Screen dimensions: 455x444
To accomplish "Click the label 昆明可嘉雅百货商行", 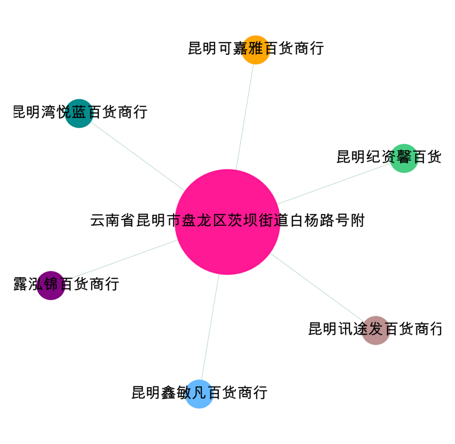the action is point(256,48).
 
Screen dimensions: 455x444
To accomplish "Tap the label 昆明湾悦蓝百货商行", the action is point(80,112).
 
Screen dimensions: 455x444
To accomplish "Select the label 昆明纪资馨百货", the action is point(388,157).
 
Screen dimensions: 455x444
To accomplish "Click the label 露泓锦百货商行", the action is point(66,284).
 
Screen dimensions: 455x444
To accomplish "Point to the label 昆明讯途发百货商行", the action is point(375,329).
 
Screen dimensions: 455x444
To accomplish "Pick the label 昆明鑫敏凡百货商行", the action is point(199,392).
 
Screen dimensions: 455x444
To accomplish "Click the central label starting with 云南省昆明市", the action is point(227,220).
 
